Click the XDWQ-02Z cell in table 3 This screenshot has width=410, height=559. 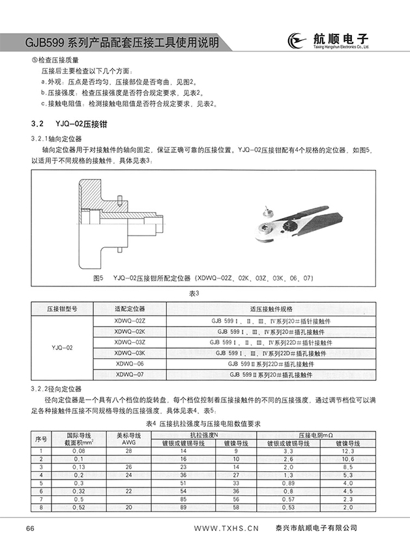(x=130, y=321)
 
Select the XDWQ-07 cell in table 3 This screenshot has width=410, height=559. (x=130, y=374)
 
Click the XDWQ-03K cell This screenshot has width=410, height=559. (x=130, y=353)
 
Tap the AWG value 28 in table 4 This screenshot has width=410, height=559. (x=128, y=450)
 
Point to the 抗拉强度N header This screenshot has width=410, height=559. (x=204, y=434)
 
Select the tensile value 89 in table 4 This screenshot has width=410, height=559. (x=184, y=506)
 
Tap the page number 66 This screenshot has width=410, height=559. (x=30, y=528)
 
